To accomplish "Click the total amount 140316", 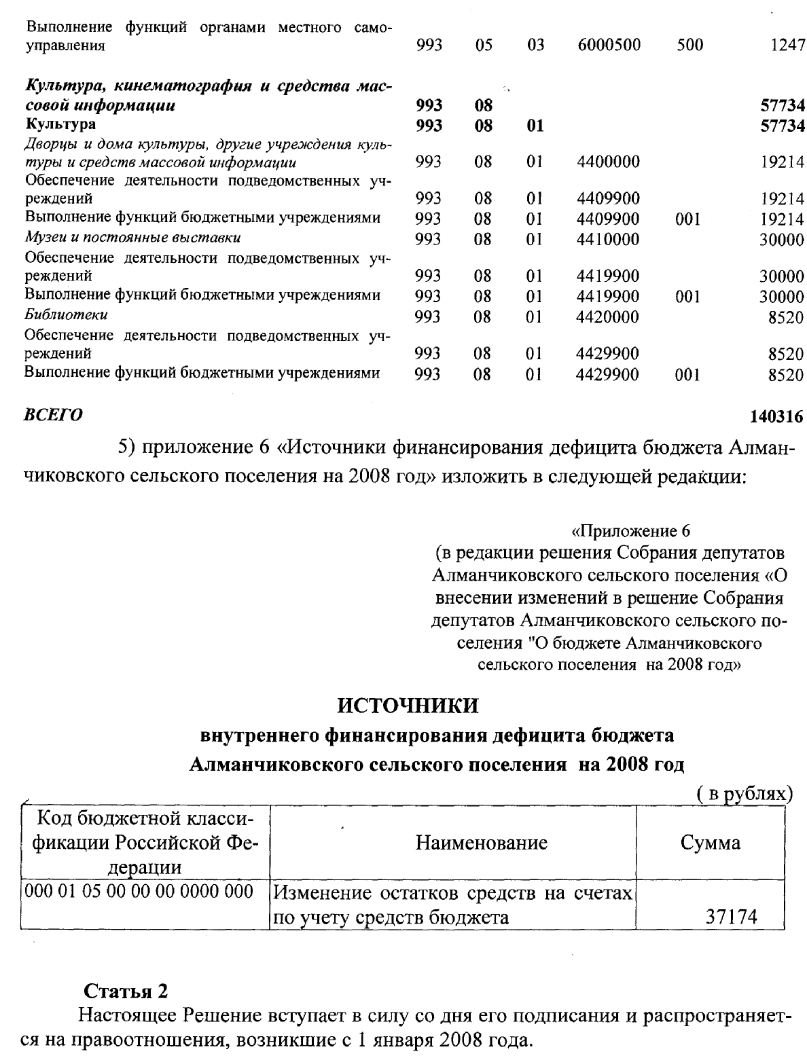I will (776, 416).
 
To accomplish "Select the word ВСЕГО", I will (54, 414).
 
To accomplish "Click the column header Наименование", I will (481, 843).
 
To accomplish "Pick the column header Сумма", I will (710, 843).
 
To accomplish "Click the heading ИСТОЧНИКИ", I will (408, 706).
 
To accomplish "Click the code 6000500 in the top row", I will (608, 46).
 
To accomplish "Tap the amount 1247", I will (787, 46).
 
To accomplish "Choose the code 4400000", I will (607, 162).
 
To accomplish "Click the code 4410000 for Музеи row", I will (607, 239).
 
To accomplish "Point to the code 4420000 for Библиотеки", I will (607, 316).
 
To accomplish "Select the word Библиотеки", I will (66, 315).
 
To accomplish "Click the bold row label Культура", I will (60, 124).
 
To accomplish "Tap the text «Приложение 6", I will (630, 530).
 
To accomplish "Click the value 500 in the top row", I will (689, 46).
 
